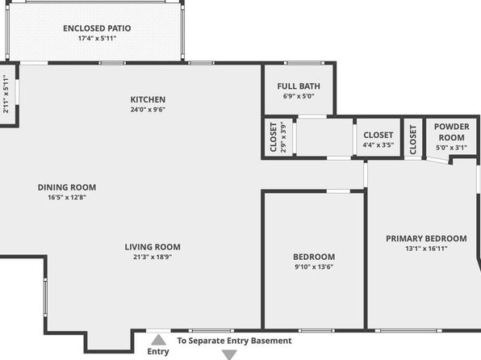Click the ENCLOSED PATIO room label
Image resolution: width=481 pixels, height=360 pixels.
point(97,28)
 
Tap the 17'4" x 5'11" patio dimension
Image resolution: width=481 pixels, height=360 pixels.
point(97,39)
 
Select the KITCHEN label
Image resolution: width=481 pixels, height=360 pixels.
point(148,99)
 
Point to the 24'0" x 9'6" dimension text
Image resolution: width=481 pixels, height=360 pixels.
point(148,110)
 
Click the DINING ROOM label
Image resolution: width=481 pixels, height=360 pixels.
point(67,187)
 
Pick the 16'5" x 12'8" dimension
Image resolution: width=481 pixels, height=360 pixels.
point(67,197)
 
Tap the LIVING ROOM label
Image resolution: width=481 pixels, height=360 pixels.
point(153,247)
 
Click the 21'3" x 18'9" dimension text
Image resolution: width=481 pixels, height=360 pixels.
point(153,257)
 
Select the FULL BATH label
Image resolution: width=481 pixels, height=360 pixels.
point(299,86)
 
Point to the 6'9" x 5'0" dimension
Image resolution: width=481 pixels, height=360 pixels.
point(299,96)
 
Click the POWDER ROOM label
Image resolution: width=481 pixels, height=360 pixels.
point(452,132)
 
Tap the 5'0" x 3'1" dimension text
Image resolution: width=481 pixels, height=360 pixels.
point(452,148)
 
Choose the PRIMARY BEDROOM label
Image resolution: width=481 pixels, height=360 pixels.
point(426,238)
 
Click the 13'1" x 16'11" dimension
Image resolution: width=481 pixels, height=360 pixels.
point(426,249)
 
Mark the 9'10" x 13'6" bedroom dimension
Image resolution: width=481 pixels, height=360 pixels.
point(314,266)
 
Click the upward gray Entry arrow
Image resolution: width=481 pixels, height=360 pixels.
point(158,340)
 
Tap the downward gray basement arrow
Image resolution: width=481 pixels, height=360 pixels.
point(229,354)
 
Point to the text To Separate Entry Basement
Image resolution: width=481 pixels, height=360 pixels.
point(234,341)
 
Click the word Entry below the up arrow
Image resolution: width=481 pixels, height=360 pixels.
point(158,352)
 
